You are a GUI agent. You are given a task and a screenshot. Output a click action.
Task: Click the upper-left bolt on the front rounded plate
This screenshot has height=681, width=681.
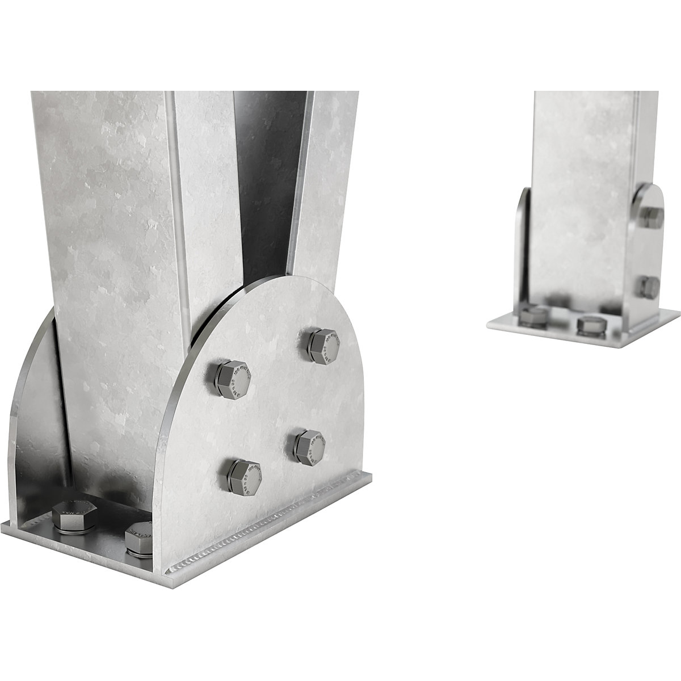pos(232,379)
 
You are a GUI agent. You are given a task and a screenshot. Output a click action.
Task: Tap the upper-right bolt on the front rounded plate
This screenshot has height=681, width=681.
pos(323,346)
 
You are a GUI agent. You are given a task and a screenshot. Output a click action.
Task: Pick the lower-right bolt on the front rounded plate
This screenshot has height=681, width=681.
pos(309,447)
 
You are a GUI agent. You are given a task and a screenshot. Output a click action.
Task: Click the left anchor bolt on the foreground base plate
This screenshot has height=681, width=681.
pos(74,515)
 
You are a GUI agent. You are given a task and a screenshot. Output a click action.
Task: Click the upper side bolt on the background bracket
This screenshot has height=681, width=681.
pos(652,217)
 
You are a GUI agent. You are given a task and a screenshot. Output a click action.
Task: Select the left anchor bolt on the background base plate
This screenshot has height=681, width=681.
pos(533,317)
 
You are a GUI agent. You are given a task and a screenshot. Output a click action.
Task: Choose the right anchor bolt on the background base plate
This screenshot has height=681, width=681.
pos(591,326)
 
